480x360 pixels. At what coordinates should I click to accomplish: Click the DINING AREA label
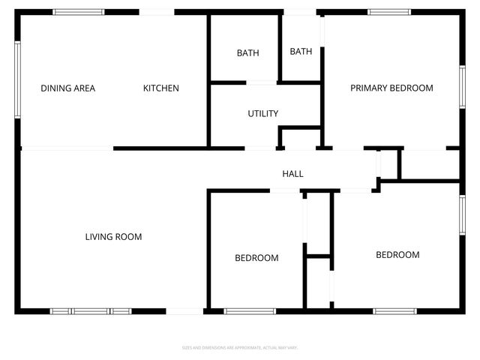(x=67, y=88)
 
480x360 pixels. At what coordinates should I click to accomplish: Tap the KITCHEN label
(x=161, y=88)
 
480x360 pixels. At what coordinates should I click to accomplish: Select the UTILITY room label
(x=263, y=114)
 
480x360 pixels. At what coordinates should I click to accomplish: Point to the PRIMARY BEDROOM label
(x=391, y=88)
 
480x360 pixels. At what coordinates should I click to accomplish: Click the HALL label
(x=292, y=174)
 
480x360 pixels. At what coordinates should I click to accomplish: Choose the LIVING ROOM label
(x=113, y=237)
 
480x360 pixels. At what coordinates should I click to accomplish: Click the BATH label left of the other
(x=247, y=53)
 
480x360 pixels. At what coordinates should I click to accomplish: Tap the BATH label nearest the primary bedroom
(x=301, y=52)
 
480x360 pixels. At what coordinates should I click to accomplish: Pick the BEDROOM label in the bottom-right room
(x=397, y=255)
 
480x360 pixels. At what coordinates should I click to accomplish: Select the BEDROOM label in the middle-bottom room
(x=256, y=258)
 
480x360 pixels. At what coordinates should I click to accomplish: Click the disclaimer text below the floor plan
(x=240, y=347)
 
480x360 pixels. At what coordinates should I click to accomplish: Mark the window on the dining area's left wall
(x=17, y=79)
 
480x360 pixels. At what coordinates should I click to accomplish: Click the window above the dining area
(x=79, y=12)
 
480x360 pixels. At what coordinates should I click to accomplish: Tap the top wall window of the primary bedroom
(x=389, y=12)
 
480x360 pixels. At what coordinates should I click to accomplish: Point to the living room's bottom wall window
(x=90, y=310)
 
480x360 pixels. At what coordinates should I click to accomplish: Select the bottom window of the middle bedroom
(x=250, y=310)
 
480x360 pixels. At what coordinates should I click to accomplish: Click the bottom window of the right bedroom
(x=395, y=310)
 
